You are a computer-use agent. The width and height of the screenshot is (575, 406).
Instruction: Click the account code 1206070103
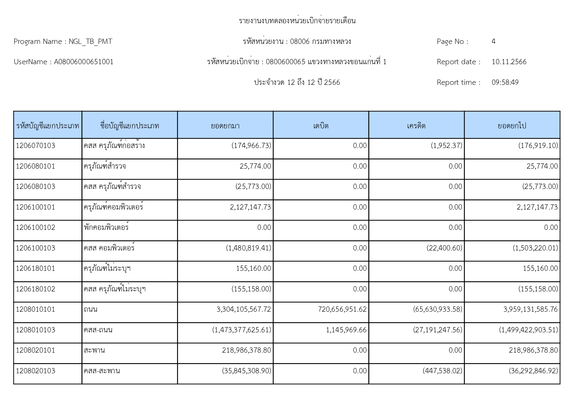[x=36, y=146]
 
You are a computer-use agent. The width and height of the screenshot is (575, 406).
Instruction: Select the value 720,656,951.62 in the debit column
[x=342, y=309]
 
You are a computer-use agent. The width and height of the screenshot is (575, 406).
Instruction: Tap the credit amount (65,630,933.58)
[x=438, y=309]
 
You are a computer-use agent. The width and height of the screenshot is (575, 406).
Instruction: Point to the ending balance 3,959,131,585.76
[x=530, y=309]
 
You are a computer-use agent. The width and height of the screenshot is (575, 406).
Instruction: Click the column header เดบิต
[x=321, y=126]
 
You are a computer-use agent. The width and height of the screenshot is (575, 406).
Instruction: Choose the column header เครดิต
[x=416, y=126]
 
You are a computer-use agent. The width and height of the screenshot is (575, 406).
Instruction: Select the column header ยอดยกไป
[x=512, y=126]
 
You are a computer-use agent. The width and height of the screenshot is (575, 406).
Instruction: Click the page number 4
[x=493, y=42]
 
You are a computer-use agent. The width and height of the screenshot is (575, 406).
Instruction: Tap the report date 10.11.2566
[x=509, y=62]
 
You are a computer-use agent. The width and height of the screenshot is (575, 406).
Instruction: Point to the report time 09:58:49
[x=505, y=83]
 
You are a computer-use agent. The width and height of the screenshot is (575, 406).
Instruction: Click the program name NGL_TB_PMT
[x=90, y=42]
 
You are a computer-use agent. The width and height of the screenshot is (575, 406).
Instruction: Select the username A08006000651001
[x=84, y=62]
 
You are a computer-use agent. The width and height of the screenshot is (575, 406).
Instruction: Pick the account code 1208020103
[x=36, y=371]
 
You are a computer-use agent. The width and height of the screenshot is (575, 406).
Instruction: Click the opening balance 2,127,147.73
[x=250, y=207]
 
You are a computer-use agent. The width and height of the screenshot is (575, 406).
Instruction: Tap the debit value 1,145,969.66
[x=346, y=330]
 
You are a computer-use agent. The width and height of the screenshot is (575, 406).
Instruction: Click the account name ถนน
[x=90, y=309]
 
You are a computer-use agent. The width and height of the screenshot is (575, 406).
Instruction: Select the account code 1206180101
[x=36, y=268]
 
